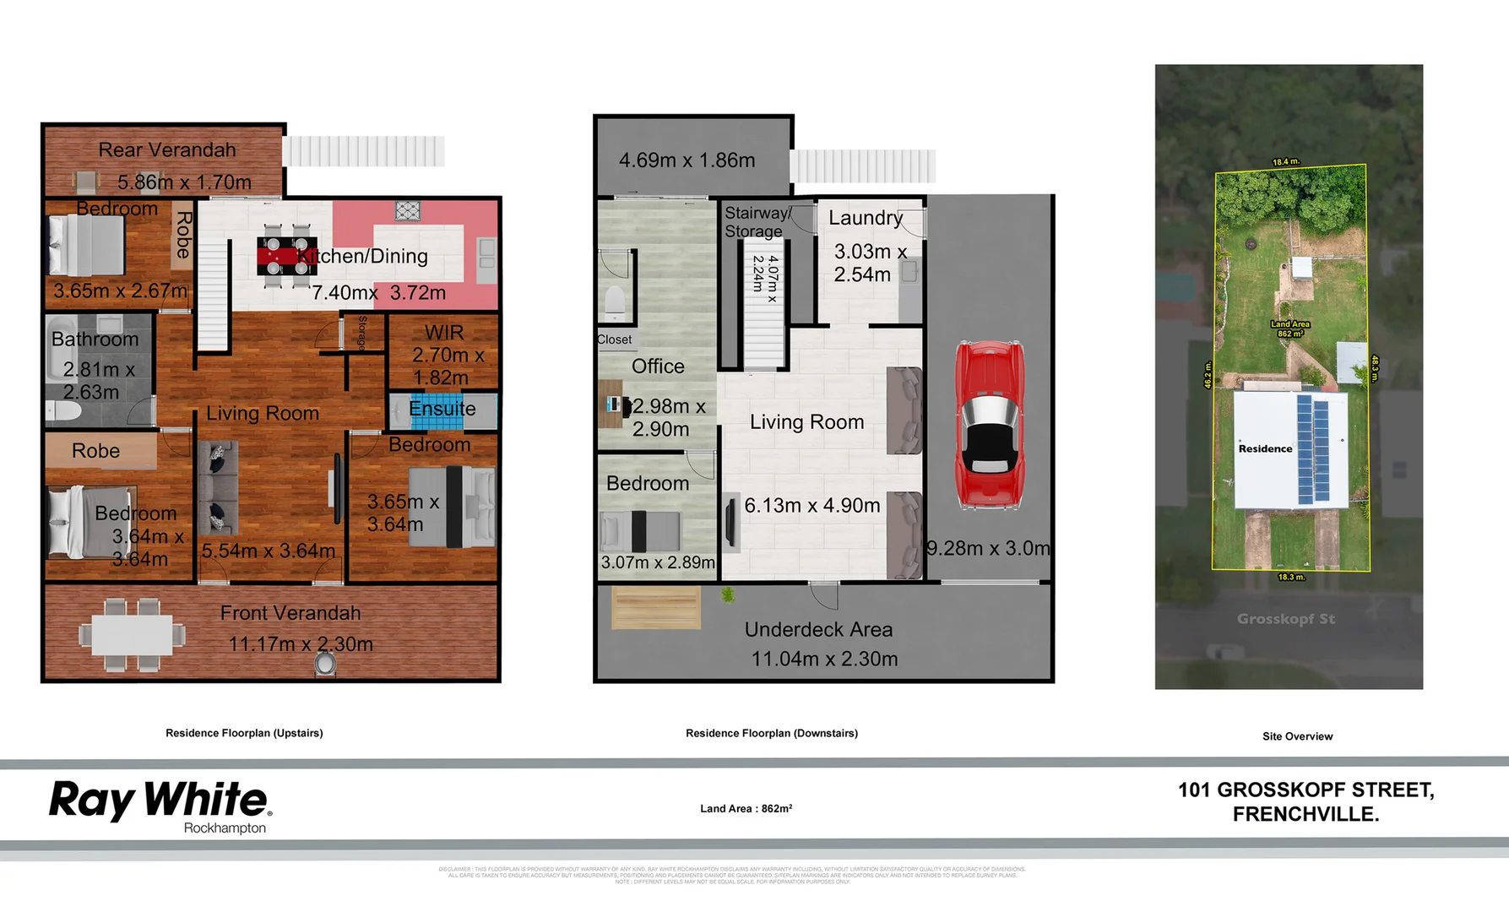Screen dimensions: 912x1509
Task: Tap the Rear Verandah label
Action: point(167,150)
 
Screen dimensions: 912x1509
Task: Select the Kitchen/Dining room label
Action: point(363,257)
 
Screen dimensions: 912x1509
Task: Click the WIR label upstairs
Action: point(444,333)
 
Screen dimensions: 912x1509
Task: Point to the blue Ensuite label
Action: point(442,409)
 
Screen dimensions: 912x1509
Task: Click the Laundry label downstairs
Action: point(866,218)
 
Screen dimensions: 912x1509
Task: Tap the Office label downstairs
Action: point(658,366)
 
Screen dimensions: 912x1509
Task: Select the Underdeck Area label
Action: point(818,630)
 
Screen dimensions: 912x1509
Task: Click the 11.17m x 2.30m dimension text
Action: point(301,644)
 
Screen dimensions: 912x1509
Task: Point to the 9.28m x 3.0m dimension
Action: point(988,548)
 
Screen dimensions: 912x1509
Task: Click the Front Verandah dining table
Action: point(132,634)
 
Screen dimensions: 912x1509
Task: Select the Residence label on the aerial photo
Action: point(1265,448)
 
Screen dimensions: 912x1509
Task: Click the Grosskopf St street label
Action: point(1285,619)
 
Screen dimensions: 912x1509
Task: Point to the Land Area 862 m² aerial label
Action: point(1290,328)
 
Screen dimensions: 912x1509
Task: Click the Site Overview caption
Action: point(1297,736)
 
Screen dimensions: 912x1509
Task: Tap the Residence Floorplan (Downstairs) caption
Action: point(771,733)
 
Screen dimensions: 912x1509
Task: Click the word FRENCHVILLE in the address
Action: point(1305,815)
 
